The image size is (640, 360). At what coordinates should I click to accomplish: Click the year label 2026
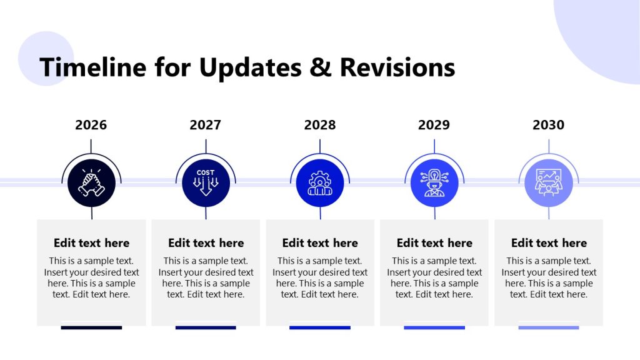pyautogui.click(x=91, y=125)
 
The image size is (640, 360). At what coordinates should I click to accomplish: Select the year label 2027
pyautogui.click(x=206, y=125)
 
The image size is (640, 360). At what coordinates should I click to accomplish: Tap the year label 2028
pyautogui.click(x=320, y=125)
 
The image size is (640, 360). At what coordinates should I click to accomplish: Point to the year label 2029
pyautogui.click(x=434, y=125)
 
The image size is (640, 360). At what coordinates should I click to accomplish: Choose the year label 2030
pyautogui.click(x=549, y=125)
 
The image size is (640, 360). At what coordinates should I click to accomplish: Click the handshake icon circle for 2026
pyautogui.click(x=91, y=182)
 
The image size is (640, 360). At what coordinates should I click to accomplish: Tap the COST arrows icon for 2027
pyautogui.click(x=206, y=182)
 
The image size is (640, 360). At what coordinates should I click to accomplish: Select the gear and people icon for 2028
pyautogui.click(x=320, y=182)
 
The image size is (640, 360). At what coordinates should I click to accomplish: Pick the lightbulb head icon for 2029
pyautogui.click(x=434, y=182)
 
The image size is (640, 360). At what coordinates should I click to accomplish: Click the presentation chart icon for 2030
pyautogui.click(x=549, y=182)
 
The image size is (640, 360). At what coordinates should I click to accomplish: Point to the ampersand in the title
pyautogui.click(x=320, y=67)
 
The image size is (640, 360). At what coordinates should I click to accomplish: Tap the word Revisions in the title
pyautogui.click(x=397, y=67)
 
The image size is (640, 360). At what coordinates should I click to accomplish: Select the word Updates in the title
pyautogui.click(x=252, y=67)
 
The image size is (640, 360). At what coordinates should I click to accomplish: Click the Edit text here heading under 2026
pyautogui.click(x=91, y=243)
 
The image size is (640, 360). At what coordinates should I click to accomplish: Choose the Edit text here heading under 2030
pyautogui.click(x=549, y=243)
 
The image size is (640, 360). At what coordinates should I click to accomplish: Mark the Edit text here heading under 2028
pyautogui.click(x=320, y=243)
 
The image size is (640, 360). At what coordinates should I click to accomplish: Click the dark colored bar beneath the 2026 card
pyautogui.click(x=91, y=327)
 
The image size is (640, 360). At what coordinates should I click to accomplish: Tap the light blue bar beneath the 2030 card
pyautogui.click(x=549, y=327)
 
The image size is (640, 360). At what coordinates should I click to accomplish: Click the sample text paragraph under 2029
pyautogui.click(x=434, y=277)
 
